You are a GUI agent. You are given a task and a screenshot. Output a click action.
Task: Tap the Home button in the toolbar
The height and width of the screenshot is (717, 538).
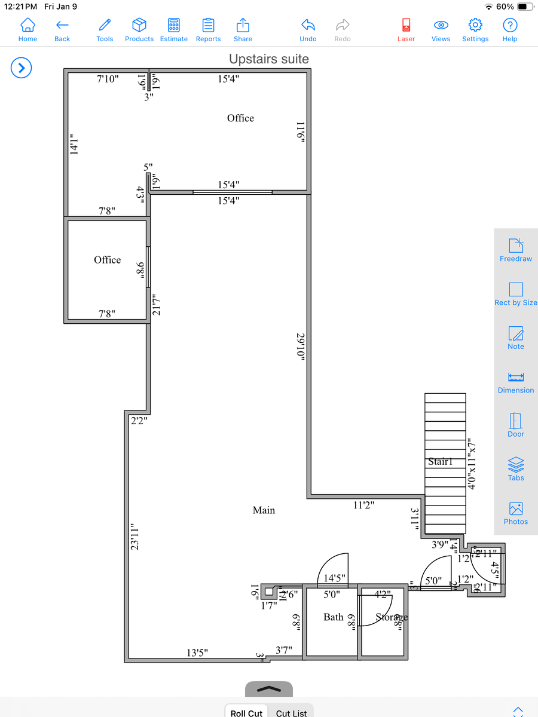tap(27, 25)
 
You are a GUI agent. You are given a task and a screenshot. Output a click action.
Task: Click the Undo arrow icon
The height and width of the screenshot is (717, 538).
tap(308, 25)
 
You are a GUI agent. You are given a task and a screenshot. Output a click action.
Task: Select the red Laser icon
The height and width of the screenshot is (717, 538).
tap(406, 25)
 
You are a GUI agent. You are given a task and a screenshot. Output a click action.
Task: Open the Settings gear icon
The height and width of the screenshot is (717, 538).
tap(475, 25)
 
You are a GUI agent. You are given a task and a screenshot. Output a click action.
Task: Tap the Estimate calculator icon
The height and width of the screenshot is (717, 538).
tap(174, 25)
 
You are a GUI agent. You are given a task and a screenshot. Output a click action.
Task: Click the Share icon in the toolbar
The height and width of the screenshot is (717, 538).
tap(243, 25)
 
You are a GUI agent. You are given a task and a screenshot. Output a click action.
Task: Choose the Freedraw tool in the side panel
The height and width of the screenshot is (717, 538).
tap(515, 246)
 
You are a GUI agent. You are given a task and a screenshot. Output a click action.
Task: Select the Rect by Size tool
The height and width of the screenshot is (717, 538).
tap(515, 290)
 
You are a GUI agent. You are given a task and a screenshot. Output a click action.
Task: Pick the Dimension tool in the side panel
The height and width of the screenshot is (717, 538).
tap(515, 378)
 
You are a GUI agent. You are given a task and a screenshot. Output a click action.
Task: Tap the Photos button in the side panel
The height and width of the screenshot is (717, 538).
tap(515, 509)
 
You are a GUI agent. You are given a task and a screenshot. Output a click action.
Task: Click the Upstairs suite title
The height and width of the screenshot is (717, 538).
tap(269, 59)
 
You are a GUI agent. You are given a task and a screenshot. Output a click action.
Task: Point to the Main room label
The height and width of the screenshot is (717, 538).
tap(264, 510)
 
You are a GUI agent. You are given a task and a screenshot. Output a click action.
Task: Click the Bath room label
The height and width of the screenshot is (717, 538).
tap(333, 617)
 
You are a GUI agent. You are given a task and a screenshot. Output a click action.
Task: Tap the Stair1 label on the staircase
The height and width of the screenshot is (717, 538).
tap(440, 462)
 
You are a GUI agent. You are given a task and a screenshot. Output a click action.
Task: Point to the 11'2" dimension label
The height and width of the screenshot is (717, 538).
tap(363, 505)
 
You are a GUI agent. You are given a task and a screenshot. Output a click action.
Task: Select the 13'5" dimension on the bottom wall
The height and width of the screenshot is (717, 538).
tap(197, 653)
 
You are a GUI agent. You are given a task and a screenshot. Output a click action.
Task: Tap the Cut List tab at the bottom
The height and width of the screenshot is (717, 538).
tap(291, 713)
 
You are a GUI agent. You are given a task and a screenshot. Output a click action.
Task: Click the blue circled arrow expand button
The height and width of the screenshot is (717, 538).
tap(21, 68)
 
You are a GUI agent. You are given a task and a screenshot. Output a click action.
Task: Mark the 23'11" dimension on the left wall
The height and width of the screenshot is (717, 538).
tap(135, 536)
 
